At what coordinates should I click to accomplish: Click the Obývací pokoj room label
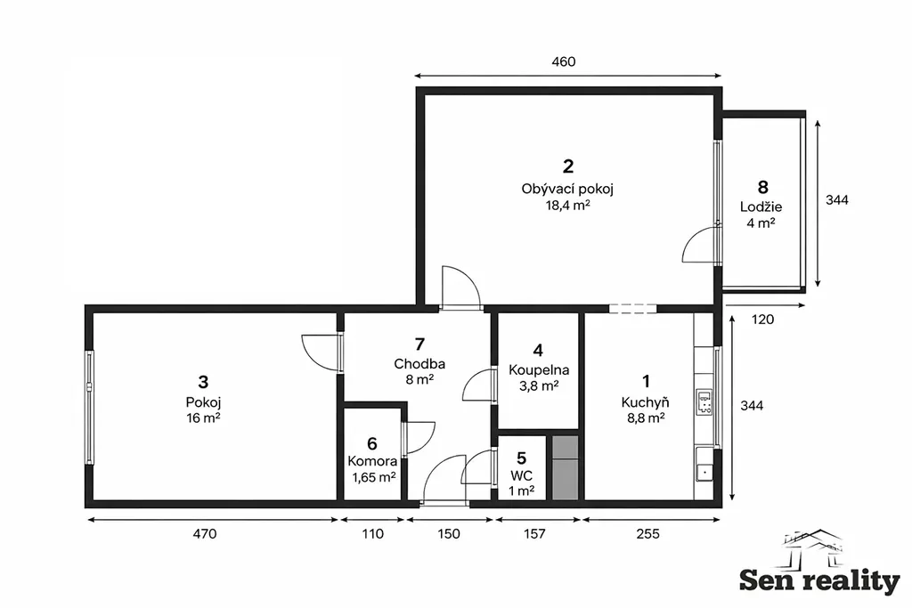567,189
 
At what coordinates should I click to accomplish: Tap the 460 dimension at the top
564,61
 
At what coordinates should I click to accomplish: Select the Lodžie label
761,207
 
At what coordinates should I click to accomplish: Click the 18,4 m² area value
567,205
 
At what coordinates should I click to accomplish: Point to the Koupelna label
539,370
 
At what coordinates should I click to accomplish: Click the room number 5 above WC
522,458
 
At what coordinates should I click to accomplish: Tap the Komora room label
372,461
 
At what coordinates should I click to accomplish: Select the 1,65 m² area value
373,478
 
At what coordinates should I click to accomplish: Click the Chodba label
419,364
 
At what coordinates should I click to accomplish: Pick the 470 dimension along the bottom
205,533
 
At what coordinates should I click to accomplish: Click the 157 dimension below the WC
534,533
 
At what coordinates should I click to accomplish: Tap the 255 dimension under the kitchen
648,533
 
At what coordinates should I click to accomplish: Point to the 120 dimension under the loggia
762,319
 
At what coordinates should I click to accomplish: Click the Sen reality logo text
819,580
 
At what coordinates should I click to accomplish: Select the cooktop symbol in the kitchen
704,402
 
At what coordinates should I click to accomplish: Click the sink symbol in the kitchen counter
704,472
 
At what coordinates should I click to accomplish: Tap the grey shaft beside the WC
565,467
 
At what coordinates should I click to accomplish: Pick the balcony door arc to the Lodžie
699,244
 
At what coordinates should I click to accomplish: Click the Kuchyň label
645,402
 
